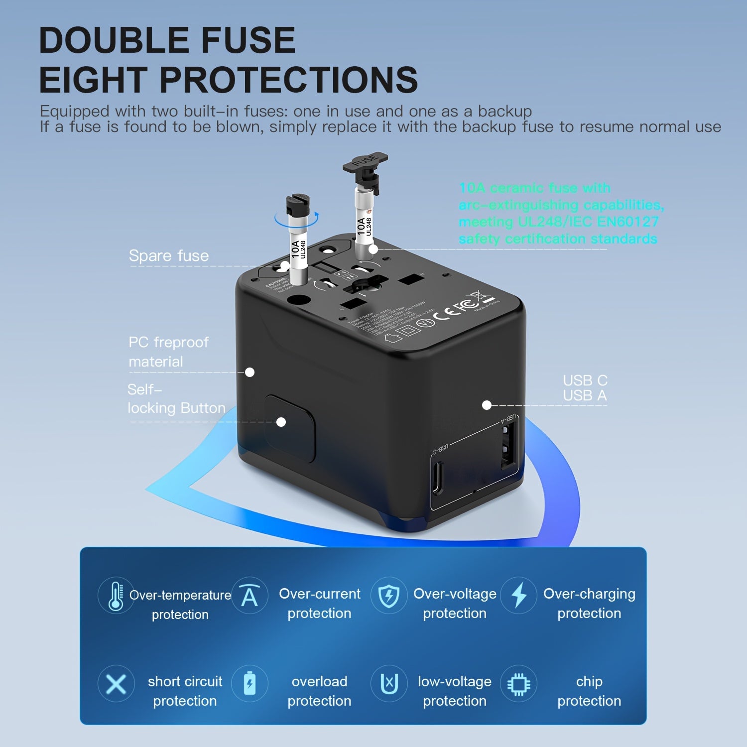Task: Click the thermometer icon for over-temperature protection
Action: point(116,596)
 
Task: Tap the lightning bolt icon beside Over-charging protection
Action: point(519,595)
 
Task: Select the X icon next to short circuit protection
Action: point(116,684)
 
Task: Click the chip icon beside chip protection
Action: point(518,684)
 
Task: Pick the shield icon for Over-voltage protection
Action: point(388,595)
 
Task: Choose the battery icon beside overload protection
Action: point(249,683)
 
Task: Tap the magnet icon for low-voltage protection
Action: point(389,684)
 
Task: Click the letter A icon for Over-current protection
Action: point(249,595)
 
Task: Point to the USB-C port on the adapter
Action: point(437,478)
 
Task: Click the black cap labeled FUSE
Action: point(366,162)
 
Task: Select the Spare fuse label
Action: point(169,256)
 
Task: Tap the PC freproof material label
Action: point(168,352)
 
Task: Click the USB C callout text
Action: point(585,380)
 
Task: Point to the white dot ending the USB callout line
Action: point(487,405)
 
